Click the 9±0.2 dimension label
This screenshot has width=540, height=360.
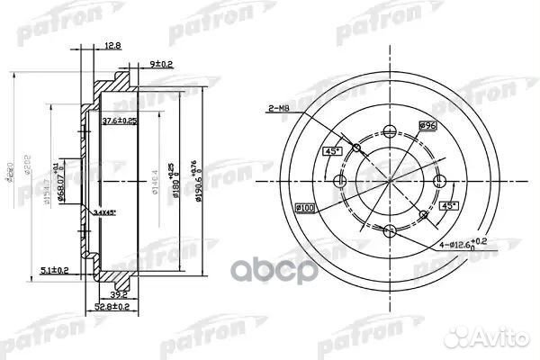[x=163, y=64]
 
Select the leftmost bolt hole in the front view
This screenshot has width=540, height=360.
[x=339, y=183]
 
